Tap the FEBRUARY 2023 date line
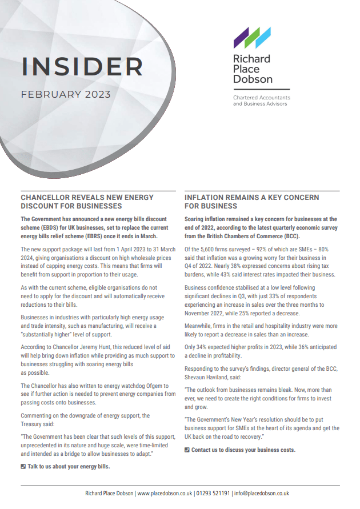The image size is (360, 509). tap(66, 95)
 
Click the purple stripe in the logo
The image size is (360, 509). tap(239, 39)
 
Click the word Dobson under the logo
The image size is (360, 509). tap(253, 79)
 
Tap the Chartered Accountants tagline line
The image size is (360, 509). tap(261, 98)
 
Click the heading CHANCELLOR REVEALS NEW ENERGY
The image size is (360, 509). tap(87, 198)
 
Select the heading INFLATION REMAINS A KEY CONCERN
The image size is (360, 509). tap(252, 198)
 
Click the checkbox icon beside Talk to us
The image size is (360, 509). tap(23, 466)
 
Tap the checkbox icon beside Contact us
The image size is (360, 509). tap(187, 450)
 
